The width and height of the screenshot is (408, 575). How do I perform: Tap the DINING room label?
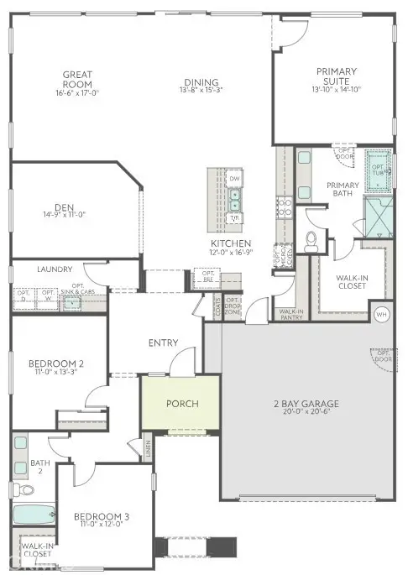(201, 82)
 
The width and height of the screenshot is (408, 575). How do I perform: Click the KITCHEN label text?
(230, 243)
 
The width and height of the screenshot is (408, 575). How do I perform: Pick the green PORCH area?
(182, 405)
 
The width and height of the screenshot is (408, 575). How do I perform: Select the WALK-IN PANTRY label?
(290, 314)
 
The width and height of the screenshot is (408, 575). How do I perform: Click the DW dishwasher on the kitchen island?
(235, 179)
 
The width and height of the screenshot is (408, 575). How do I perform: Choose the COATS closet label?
(217, 308)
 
